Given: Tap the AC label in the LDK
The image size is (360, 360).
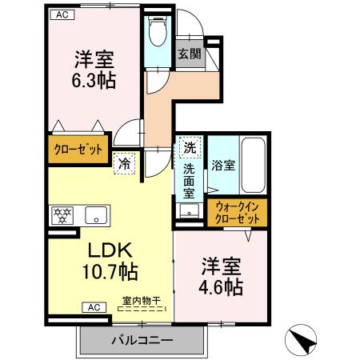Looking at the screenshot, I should [94, 306].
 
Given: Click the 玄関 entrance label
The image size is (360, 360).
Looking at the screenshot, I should [189, 54].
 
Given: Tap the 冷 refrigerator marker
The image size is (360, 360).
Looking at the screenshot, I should [125, 162].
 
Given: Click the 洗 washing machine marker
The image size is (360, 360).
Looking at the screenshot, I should [189, 148].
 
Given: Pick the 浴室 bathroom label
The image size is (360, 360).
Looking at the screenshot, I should [223, 166].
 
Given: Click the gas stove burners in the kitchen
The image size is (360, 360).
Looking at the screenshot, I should [62, 214].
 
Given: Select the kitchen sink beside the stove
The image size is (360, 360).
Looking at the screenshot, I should [96, 214].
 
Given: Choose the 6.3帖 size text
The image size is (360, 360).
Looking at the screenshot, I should [94, 82].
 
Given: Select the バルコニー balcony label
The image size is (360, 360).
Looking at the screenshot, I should [141, 340].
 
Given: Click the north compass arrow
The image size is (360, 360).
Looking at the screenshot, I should [302, 342].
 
